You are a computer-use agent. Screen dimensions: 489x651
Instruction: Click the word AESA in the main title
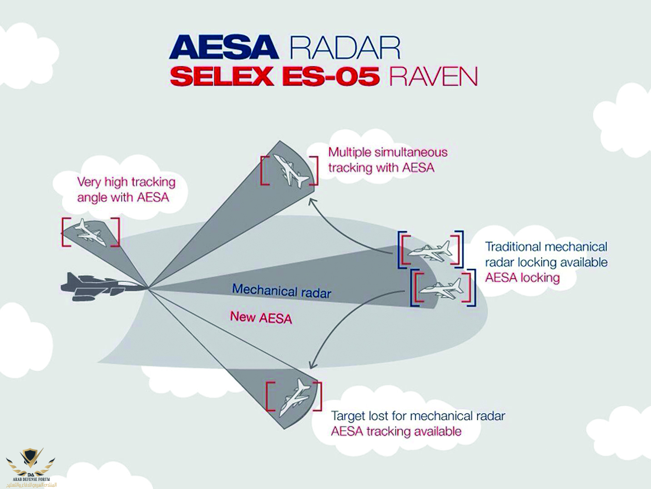224,47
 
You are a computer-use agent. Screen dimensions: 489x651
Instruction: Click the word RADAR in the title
345,47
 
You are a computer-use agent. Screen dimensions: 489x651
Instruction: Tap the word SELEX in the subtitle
221,76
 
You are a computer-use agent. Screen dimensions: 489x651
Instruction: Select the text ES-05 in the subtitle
330,76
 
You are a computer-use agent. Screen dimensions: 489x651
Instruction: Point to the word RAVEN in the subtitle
433,76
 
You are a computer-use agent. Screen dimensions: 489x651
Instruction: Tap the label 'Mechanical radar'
281,291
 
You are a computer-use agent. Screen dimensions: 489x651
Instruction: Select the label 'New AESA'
261,317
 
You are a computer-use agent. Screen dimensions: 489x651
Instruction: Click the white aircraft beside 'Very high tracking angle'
89,232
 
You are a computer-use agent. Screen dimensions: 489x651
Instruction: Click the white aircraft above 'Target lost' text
293,398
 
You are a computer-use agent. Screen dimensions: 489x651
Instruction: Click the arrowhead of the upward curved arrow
311,201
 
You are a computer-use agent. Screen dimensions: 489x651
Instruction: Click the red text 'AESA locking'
522,277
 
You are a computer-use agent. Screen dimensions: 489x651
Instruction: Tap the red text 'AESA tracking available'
396,431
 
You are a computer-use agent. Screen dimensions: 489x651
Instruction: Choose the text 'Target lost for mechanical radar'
418,416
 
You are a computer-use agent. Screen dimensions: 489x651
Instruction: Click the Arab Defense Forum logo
30,465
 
